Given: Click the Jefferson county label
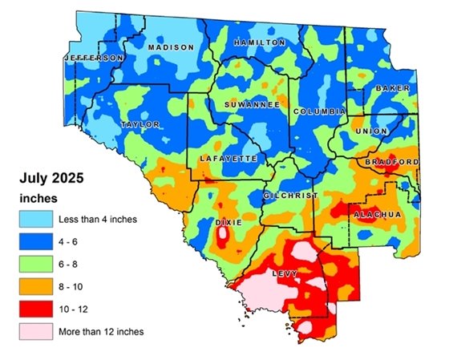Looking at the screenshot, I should click(x=95, y=59).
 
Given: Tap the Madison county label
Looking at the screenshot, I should click(x=171, y=47).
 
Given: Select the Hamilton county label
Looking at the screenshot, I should click(x=259, y=42).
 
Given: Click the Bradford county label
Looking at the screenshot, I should click(x=391, y=162).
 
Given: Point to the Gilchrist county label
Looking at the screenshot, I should click(x=290, y=196).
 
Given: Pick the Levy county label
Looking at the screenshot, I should click(x=286, y=273).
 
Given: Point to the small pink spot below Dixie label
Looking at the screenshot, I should click(x=221, y=236).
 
